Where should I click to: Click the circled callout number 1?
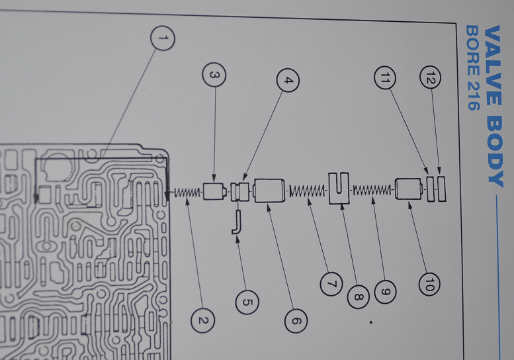click(163, 38)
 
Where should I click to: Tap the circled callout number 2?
click(202, 320)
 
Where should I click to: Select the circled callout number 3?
click(214, 75)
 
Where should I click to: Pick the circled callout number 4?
click(288, 80)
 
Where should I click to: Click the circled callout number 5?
click(247, 302)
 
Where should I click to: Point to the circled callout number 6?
click(296, 321)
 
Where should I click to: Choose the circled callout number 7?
click(331, 284)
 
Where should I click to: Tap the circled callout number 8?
click(358, 296)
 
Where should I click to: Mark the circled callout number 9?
click(385, 291)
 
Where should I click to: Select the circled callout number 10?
click(429, 284)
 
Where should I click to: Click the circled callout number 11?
click(385, 77)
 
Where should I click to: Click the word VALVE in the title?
click(492, 66)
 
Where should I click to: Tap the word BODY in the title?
click(494, 152)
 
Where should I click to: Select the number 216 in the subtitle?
click(474, 95)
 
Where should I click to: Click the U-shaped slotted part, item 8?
click(339, 188)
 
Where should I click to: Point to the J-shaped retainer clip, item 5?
click(237, 222)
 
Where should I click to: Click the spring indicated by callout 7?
click(307, 191)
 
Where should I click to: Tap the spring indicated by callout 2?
click(187, 193)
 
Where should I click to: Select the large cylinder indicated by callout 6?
click(269, 191)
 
